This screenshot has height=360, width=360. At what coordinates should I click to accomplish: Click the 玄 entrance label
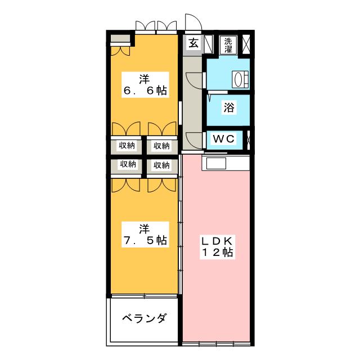[193, 43]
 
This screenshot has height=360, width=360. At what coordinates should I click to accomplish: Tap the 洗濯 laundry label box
[228, 44]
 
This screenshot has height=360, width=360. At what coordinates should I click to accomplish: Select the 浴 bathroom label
[229, 107]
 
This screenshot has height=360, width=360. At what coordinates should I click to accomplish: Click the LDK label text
[218, 241]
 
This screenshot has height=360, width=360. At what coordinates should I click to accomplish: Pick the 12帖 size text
[218, 253]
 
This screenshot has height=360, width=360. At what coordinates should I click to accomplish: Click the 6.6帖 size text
[145, 90]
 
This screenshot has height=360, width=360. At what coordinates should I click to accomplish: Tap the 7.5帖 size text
[145, 240]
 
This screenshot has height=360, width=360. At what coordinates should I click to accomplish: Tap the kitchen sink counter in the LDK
[217, 163]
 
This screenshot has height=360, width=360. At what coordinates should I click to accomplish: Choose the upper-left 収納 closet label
[127, 146]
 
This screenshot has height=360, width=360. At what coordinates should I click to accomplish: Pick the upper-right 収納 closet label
[161, 146]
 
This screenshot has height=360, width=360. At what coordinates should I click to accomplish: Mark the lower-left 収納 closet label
[127, 165]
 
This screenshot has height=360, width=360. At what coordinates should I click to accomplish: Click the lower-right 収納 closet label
[161, 165]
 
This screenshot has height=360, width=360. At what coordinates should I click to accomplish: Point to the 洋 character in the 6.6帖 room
[145, 77]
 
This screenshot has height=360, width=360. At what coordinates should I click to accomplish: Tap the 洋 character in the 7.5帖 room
[145, 228]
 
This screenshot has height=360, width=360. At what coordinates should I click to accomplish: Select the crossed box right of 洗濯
[245, 44]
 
